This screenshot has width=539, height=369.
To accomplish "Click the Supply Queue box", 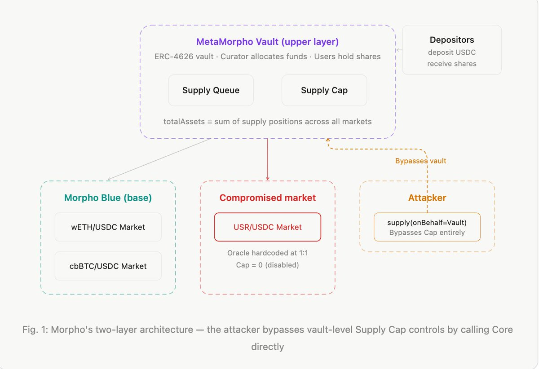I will pos(211,90).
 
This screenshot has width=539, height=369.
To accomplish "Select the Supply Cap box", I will pos(324,90).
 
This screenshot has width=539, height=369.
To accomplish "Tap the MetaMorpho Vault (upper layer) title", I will pos(267,42).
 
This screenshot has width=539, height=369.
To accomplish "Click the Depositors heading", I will pos(451,40).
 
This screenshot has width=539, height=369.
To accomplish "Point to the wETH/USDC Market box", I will pos(108,227).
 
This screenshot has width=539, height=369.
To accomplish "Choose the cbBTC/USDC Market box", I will pos(108,266).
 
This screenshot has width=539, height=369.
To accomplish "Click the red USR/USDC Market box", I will pos(267,227).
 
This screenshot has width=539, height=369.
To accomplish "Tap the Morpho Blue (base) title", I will pos(108,198).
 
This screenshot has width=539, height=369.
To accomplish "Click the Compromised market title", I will pos(267,198).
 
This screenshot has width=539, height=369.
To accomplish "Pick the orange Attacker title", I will pos(427,198).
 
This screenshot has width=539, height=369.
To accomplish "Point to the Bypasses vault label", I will pos(420,161).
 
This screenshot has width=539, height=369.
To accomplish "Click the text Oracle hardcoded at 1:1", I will pos(267,253).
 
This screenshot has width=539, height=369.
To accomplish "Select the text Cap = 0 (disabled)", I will pos(267,265).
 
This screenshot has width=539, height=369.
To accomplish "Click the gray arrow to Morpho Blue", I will pos(159,159).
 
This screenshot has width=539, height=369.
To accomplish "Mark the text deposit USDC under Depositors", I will pos(451,53).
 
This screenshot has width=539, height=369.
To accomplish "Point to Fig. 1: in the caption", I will pos(35,330).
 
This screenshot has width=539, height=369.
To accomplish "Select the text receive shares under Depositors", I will pos(451,64).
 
